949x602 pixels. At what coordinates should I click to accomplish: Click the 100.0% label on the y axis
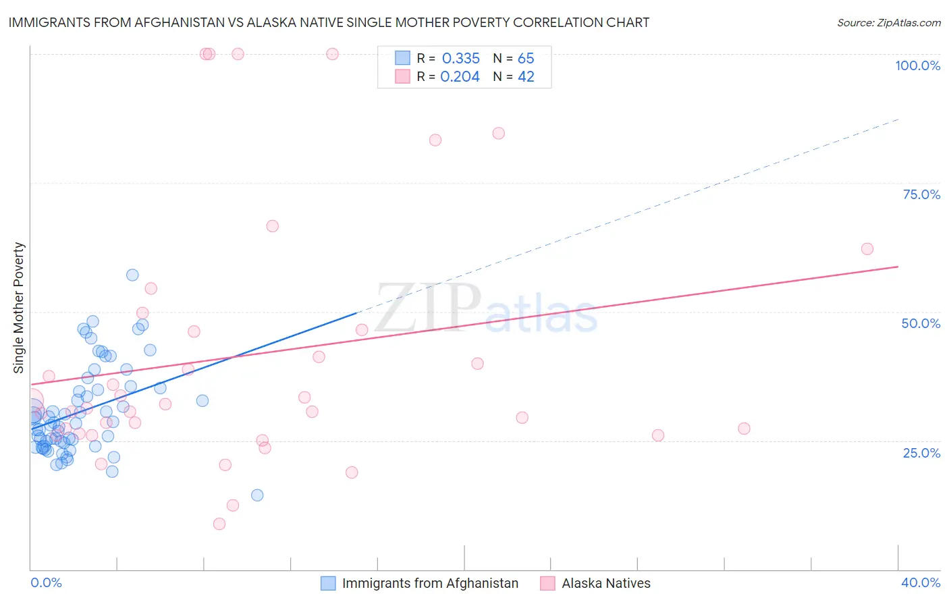[917, 65]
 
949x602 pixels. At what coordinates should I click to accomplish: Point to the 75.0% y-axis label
[921, 194]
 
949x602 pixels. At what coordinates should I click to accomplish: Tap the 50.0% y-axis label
[921, 323]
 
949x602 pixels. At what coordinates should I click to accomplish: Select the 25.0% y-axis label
[921, 453]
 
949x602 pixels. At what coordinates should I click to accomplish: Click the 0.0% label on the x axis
[46, 582]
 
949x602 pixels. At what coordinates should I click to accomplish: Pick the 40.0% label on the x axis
[921, 582]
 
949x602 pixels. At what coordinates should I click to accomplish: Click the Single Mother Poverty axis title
[19, 308]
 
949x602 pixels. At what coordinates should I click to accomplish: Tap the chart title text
[329, 22]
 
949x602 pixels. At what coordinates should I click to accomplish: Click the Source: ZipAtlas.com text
[888, 22]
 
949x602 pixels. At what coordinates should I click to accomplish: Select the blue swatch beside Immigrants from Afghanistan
[328, 583]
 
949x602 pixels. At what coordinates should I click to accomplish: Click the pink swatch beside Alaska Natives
[547, 583]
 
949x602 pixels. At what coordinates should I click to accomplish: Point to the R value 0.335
[460, 59]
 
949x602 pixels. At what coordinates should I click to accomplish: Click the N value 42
[526, 77]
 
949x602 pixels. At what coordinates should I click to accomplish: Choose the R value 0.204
[460, 77]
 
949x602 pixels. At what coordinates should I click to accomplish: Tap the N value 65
[526, 59]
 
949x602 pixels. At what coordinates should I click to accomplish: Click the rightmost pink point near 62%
[867, 249]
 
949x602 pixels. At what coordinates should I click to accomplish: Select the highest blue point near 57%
[132, 275]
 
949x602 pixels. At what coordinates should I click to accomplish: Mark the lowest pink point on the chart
[219, 524]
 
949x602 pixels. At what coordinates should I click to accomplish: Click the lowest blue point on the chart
[257, 495]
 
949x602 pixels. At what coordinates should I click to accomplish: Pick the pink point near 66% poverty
[273, 226]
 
